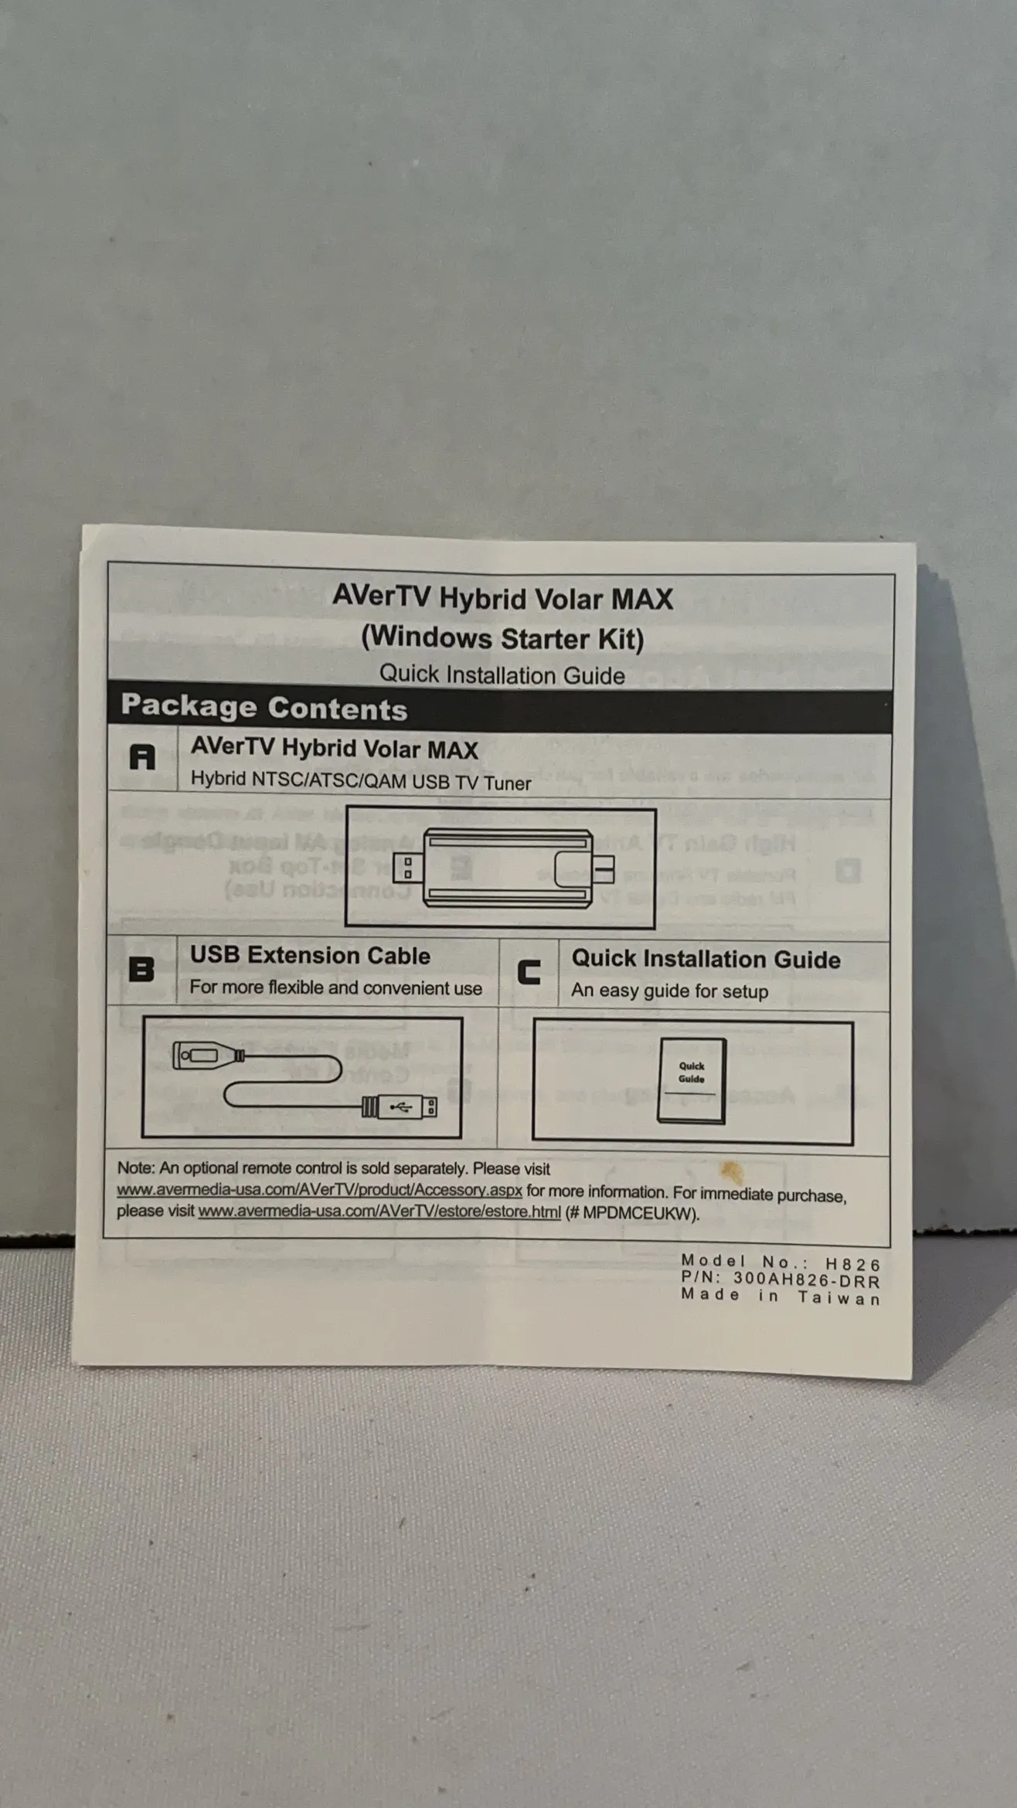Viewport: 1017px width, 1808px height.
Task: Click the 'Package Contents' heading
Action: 264,708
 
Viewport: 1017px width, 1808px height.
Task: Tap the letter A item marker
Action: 142,757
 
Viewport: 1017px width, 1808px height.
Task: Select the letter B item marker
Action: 141,969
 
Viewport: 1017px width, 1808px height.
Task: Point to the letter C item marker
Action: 529,972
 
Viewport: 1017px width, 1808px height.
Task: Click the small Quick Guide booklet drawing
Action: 692,1080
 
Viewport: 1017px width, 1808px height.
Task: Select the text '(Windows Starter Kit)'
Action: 502,638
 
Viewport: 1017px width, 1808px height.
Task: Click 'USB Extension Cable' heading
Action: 310,956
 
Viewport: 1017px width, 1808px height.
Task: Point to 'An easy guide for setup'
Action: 669,991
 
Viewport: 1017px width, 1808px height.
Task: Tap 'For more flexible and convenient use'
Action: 335,988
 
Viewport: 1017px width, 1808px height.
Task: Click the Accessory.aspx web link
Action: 319,1191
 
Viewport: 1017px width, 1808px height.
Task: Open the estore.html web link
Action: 379,1212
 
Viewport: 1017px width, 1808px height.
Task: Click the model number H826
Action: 853,1264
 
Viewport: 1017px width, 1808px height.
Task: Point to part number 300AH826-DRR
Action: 807,1281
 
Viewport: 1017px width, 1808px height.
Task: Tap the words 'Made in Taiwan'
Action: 781,1297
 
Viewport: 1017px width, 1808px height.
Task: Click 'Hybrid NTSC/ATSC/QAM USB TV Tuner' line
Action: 361,780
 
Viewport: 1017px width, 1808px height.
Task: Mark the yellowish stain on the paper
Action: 730,1171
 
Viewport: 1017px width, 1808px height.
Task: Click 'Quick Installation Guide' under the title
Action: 502,675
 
